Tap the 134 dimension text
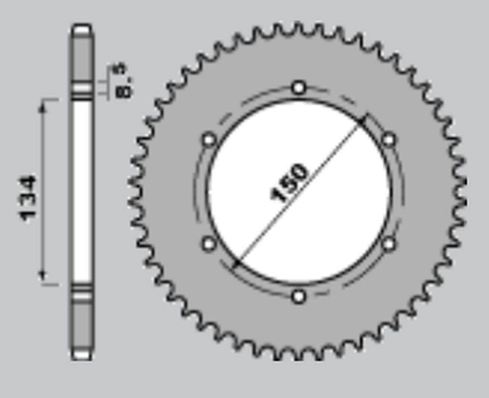point(28,199)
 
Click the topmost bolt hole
point(298,88)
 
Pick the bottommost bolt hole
point(298,296)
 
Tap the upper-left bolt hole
point(209,139)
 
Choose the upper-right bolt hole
point(389,139)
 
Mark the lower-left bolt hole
point(209,244)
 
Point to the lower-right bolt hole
point(389,244)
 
